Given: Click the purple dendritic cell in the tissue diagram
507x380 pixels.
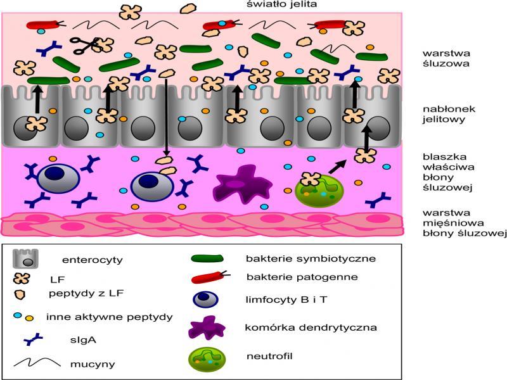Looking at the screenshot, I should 238,184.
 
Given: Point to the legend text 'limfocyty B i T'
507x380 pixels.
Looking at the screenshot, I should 278,298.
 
